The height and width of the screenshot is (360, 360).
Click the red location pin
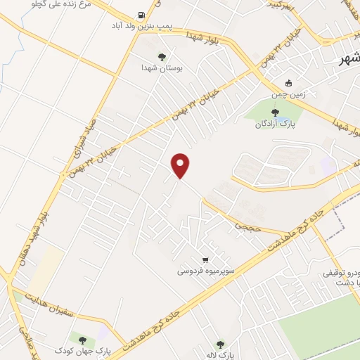pyautogui.click(x=181, y=165)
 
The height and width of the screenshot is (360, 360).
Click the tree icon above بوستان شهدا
pyautogui.click(x=162, y=56)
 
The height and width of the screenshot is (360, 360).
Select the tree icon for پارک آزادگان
pyautogui.click(x=275, y=112)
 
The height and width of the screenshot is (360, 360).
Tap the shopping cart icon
pyautogui.click(x=205, y=259)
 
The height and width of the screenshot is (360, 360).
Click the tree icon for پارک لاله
pyautogui.click(x=220, y=344)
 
